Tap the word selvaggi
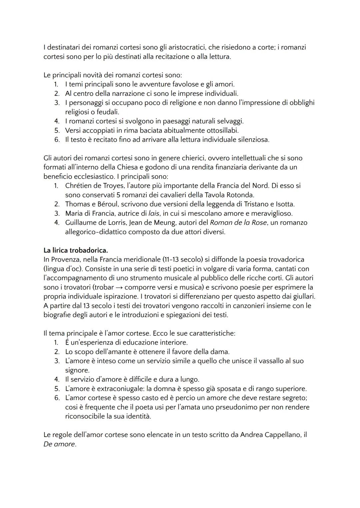tap(229, 121)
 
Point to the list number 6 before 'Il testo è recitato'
tap(57, 140)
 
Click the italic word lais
tap(154, 213)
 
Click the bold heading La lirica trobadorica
tap(76, 250)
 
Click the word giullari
tap(302, 296)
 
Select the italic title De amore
tap(59, 444)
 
